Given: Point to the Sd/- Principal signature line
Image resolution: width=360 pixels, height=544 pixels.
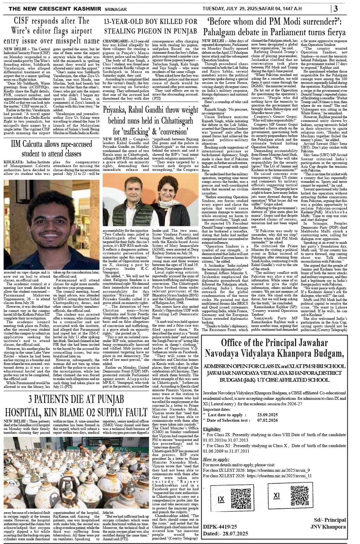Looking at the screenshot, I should click(x=327, y=520).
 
